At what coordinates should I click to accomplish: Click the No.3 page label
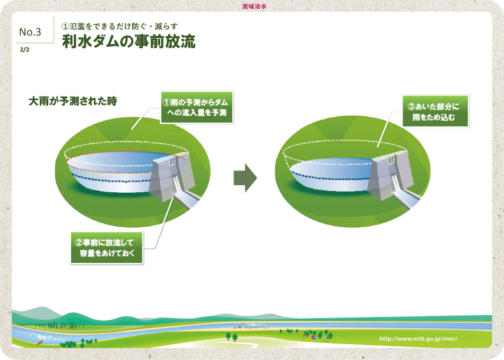click(30, 32)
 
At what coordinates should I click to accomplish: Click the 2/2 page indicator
click(24, 49)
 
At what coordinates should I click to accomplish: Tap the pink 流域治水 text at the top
click(254, 6)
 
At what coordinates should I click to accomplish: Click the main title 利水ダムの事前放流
click(128, 42)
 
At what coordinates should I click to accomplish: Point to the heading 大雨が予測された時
click(73, 101)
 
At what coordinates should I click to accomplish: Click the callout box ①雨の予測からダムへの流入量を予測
click(197, 107)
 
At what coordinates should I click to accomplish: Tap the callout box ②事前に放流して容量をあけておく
click(107, 248)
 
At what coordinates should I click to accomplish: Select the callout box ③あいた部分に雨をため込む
click(436, 112)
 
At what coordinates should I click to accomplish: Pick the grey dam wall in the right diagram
click(390, 175)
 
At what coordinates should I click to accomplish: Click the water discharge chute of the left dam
click(186, 195)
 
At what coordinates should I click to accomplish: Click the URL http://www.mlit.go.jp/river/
click(418, 338)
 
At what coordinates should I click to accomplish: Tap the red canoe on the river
click(40, 342)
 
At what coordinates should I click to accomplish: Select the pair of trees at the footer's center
click(231, 337)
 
